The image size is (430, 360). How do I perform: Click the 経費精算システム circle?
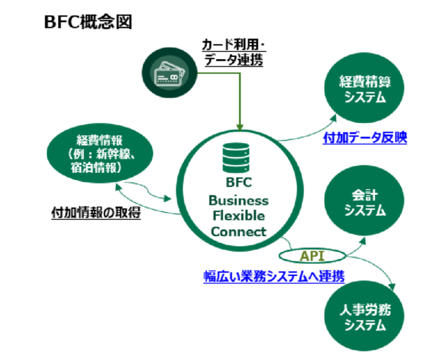pyautogui.click(x=364, y=89)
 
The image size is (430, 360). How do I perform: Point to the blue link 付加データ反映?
pyautogui.click(x=365, y=138)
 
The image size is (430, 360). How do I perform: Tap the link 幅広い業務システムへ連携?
pyautogui.click(x=273, y=276)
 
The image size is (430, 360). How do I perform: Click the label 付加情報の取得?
pyautogui.click(x=96, y=213)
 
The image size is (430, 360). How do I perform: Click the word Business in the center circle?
pyautogui.click(x=239, y=200)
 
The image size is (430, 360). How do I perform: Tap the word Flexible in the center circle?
pyautogui.click(x=239, y=216)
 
